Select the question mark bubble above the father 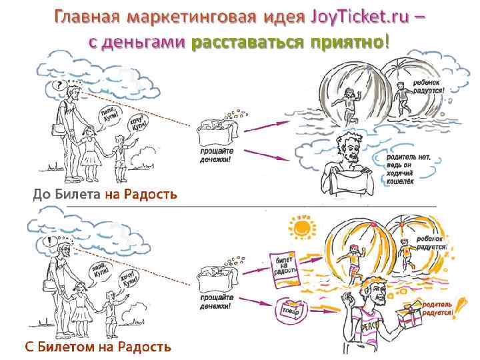[61, 85]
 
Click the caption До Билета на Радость [105, 194]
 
